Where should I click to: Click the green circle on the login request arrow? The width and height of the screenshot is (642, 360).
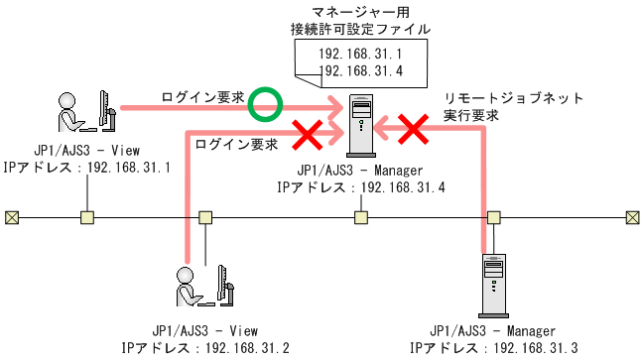coord(265,101)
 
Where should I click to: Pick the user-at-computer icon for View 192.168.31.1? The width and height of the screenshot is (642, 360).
coord(87,111)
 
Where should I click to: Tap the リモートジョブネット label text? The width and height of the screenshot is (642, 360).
coord(507,99)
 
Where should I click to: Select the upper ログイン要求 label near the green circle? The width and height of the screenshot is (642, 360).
coord(203,97)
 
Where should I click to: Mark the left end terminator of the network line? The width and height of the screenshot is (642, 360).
coord(11,217)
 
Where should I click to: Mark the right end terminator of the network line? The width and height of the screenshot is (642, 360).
coord(631,217)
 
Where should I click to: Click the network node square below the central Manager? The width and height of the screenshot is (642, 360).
coord(361,217)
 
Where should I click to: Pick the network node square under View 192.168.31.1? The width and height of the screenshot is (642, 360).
coord(87,217)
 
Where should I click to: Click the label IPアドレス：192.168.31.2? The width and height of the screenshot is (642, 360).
coord(205,348)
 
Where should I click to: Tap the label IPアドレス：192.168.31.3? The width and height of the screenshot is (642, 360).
coord(493,348)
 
